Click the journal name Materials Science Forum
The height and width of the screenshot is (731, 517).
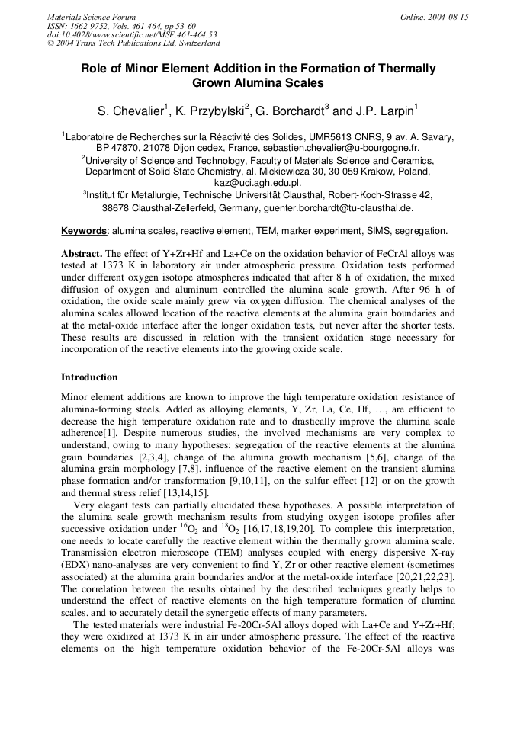click(x=92, y=17)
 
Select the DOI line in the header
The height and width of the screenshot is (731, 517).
click(x=132, y=34)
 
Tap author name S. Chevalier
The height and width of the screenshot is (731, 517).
click(x=130, y=112)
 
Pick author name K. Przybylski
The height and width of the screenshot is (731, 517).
click(x=210, y=112)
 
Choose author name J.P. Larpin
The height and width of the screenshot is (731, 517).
click(x=384, y=112)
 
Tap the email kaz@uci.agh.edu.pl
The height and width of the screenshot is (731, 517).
click(x=258, y=183)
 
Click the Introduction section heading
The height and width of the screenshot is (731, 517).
click(x=89, y=377)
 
